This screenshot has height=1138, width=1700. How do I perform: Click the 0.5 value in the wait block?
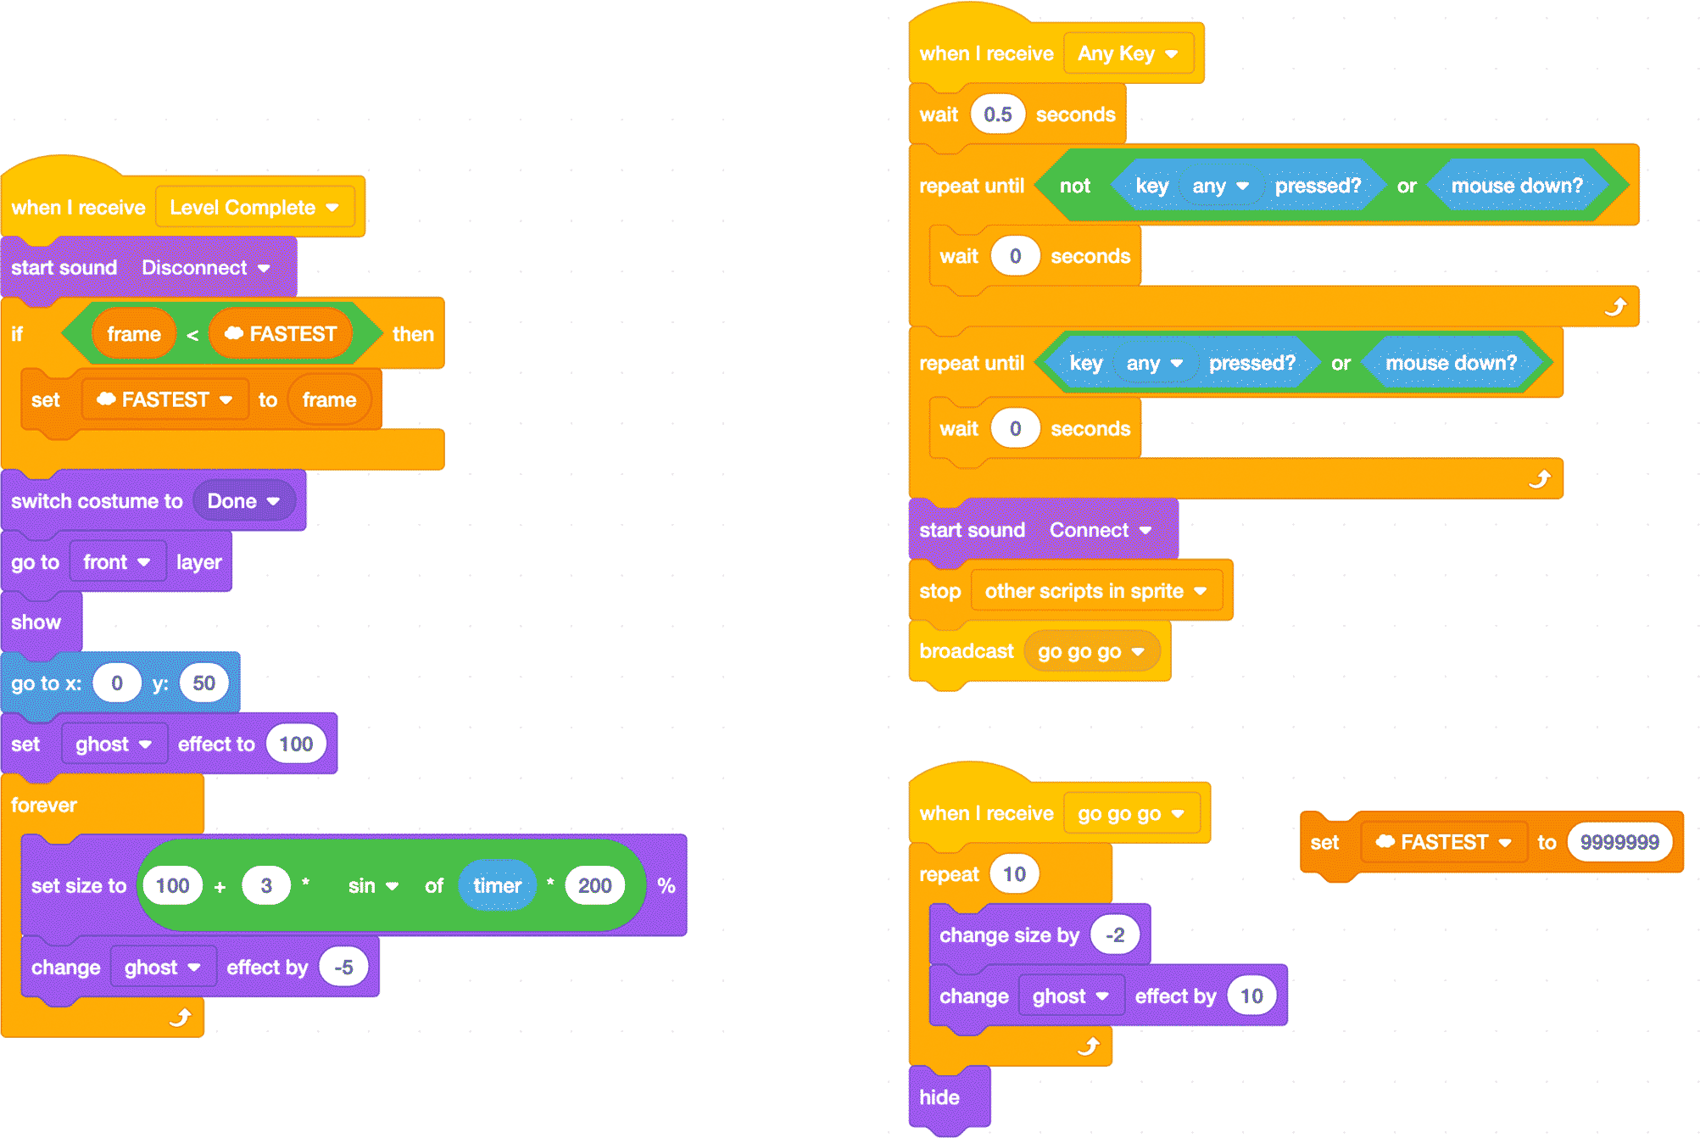click(x=998, y=114)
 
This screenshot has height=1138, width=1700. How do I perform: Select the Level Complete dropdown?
click(x=254, y=208)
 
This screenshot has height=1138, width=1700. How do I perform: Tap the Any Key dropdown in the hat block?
click(x=1128, y=53)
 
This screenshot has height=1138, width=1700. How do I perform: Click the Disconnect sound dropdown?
click(x=205, y=268)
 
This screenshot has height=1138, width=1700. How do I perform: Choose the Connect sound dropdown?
click(x=1100, y=531)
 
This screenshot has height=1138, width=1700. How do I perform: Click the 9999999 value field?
click(x=1619, y=842)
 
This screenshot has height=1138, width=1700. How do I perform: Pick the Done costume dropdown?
click(x=243, y=501)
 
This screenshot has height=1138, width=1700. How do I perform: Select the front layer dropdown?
click(x=117, y=562)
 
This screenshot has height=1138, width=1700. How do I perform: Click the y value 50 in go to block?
click(x=203, y=683)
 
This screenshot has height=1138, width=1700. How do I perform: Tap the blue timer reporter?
click(x=498, y=886)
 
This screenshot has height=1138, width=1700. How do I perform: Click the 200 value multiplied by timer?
click(x=594, y=886)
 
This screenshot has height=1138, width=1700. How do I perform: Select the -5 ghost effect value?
click(x=343, y=968)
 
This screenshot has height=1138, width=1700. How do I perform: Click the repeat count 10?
click(x=1014, y=874)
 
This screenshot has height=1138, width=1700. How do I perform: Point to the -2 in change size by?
click(x=1115, y=935)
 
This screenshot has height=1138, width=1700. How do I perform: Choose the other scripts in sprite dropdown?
click(x=1096, y=591)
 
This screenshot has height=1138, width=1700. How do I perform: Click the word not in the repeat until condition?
click(x=1075, y=186)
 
